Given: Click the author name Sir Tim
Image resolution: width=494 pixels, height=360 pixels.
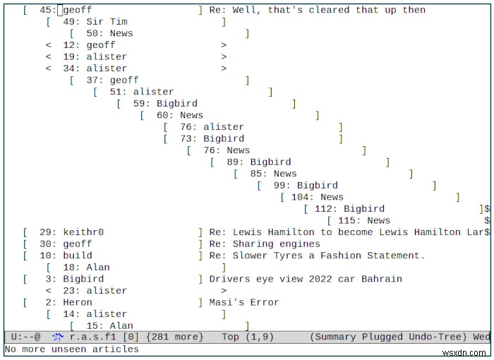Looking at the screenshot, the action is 107,22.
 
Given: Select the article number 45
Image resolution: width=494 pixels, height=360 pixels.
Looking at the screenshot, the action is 45,10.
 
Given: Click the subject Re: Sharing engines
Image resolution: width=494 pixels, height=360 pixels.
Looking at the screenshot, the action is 265,244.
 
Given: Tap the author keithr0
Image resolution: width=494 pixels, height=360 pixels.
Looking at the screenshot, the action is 83,232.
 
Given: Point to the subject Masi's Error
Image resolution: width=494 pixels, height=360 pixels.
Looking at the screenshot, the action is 244,302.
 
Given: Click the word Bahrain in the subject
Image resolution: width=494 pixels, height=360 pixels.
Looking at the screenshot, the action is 382,279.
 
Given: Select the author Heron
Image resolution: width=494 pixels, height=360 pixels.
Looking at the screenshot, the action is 78,302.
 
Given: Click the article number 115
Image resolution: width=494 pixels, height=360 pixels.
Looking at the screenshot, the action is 347,220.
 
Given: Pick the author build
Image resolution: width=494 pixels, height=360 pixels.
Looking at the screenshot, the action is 78,256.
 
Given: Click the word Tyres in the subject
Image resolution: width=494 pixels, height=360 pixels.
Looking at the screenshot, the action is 288,256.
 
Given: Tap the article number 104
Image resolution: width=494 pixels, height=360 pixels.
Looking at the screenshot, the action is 300,197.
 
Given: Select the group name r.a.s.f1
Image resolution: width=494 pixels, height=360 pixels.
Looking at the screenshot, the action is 92,337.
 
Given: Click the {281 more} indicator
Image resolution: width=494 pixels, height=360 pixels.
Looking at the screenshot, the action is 174,337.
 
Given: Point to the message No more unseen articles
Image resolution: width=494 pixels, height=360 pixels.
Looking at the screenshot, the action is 71,349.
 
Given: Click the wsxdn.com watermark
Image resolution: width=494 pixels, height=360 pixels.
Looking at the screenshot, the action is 464,353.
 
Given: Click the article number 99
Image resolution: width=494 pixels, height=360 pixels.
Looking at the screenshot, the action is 279,186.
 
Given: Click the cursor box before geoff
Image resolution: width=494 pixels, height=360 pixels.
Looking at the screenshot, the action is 60,10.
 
